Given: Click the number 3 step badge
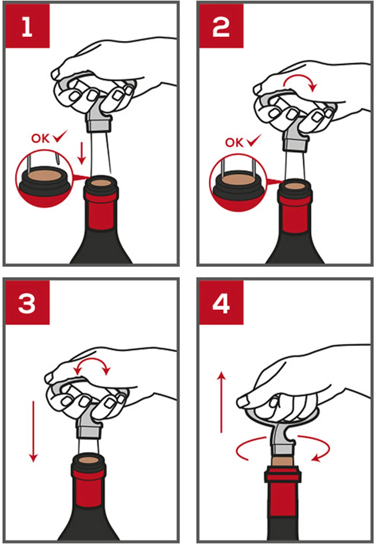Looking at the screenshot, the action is (27, 303).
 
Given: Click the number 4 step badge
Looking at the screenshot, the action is (221, 303).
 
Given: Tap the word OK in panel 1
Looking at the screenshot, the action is (41, 138).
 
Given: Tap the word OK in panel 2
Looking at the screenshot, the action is (234, 143).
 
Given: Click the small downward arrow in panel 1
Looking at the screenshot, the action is (82, 153).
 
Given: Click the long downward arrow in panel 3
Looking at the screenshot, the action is (33, 432).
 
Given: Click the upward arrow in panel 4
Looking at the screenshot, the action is (222, 402).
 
